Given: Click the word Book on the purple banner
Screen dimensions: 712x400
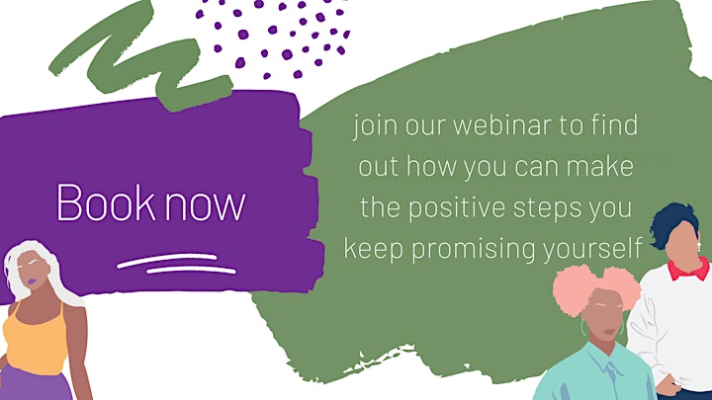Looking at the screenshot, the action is coord(106,202).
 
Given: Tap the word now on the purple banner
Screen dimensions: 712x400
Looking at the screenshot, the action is coord(205,207).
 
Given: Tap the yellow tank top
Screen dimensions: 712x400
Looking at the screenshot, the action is coord(35,339).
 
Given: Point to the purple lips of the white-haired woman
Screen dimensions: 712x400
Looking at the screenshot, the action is coord(32,281).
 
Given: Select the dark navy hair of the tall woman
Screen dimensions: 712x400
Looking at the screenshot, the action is coord(673,223).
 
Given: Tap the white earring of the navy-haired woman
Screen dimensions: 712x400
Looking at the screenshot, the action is coord(699,248).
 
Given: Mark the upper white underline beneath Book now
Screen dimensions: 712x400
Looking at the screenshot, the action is coord(167,261).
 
